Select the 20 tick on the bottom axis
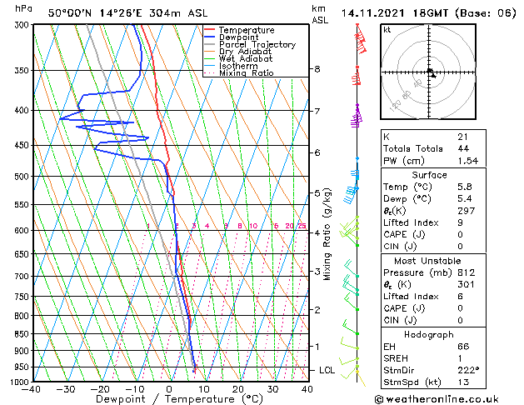coord(237,388)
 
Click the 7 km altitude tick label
coord(317,111)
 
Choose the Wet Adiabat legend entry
coord(246,59)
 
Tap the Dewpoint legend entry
coord(241,37)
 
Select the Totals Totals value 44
coord(463,147)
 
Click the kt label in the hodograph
coord(387,29)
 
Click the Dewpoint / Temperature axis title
coord(169,399)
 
